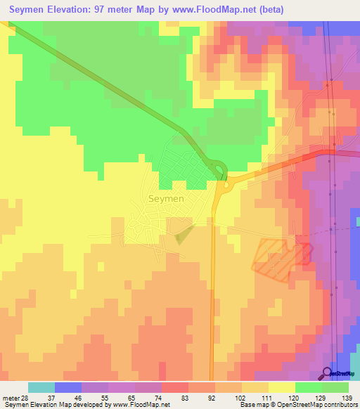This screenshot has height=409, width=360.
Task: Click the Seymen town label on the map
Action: pyautogui.click(x=167, y=199)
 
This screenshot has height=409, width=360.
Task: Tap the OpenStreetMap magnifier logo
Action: pyautogui.click(x=327, y=372)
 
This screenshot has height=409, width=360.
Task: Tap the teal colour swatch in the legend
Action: pyautogui.click(x=41, y=387)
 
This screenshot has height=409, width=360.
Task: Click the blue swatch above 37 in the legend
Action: pyautogui.click(x=68, y=387)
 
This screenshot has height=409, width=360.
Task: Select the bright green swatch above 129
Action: pyautogui.click(x=308, y=387)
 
